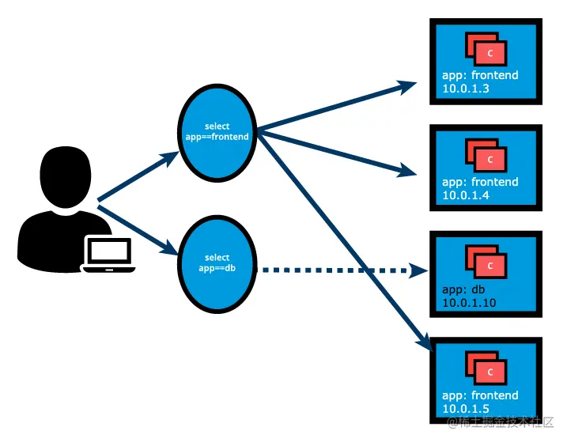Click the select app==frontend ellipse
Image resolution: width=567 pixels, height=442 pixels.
click(x=216, y=132)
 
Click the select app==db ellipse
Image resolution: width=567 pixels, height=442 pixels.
click(x=216, y=263)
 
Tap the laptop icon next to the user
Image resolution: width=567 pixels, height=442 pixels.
click(x=109, y=254)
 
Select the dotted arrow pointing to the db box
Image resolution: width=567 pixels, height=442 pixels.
click(x=336, y=270)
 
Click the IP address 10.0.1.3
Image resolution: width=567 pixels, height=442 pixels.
click(x=466, y=89)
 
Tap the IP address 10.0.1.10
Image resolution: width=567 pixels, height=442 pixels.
click(x=469, y=302)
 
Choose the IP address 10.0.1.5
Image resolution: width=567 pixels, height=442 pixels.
click(x=466, y=409)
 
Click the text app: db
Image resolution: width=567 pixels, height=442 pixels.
click(x=461, y=289)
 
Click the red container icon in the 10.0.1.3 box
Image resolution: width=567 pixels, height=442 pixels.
click(x=486, y=50)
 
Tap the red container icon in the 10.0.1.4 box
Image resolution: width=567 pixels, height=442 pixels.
click(x=486, y=156)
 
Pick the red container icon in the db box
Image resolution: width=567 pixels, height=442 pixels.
click(x=486, y=263)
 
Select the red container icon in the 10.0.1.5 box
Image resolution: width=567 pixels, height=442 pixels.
click(x=486, y=368)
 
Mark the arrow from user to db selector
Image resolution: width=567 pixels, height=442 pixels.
click(x=134, y=230)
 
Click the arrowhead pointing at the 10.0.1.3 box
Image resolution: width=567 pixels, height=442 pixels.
click(x=408, y=85)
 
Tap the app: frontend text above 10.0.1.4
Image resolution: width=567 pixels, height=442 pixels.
click(x=480, y=182)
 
